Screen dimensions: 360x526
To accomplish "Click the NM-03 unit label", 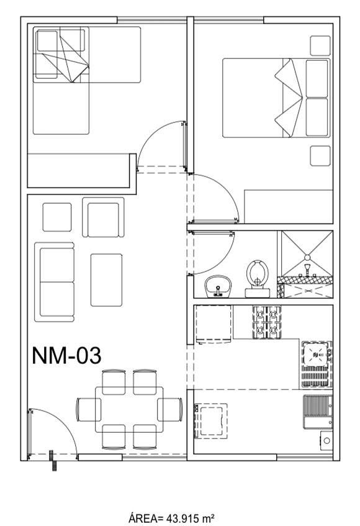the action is pos(66,356).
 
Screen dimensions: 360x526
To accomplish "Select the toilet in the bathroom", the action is pos(258,278).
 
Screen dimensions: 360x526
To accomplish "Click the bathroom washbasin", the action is pos(218,286).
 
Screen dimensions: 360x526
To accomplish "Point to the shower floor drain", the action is pos(307,257).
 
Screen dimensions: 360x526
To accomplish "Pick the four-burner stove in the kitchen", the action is pos(267,322).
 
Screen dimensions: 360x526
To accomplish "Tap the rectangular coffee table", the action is pos(106,280).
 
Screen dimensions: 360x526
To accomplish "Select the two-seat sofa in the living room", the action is pos(54,282).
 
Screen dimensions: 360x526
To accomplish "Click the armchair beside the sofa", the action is pos(103,217).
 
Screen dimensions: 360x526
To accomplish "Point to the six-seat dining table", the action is pos(129,409).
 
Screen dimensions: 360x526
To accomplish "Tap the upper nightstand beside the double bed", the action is pos(320,45).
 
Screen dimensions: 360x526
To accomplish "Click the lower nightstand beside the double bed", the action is pos(320,156).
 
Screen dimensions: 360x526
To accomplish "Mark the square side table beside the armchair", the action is pos(57,217).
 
